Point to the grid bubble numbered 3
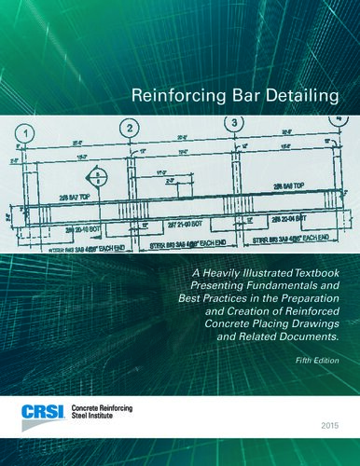[x=235, y=123]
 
